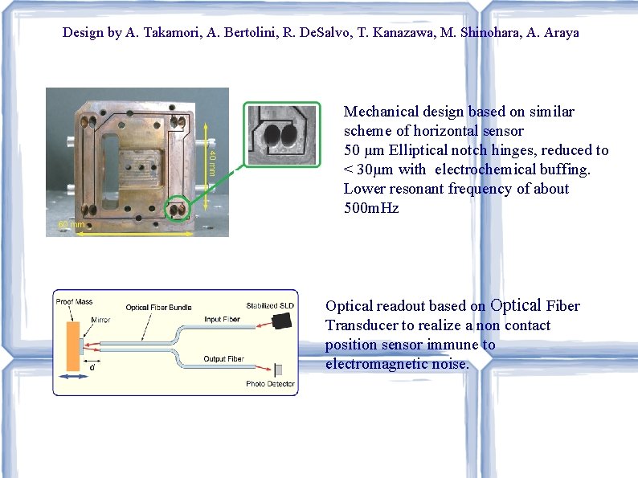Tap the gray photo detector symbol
[278, 370]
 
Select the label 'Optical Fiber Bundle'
[158, 308]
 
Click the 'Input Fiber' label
[222, 320]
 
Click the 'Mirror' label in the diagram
[101, 320]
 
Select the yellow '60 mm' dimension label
[71, 225]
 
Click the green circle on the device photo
[178, 210]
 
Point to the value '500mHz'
[371, 208]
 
